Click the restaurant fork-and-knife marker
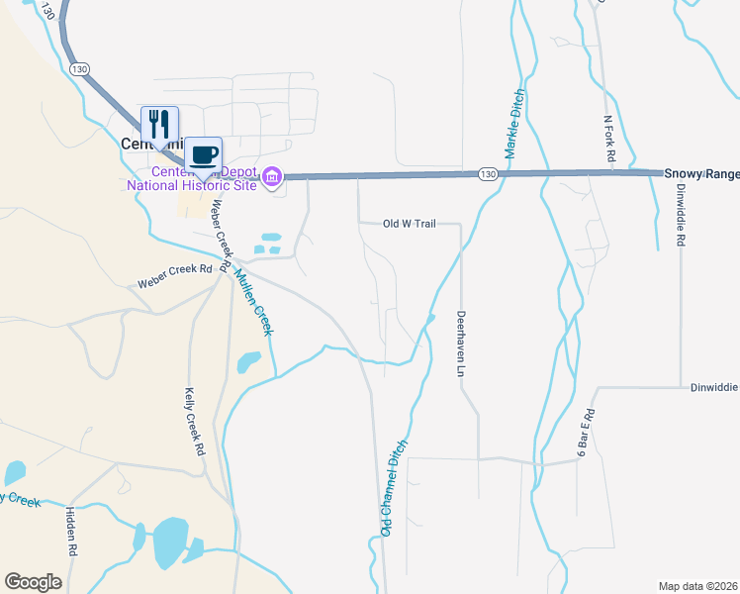(159, 124)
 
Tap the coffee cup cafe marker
(204, 154)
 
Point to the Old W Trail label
(409, 224)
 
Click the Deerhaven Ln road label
(460, 346)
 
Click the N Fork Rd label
(609, 140)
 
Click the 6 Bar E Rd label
(584, 434)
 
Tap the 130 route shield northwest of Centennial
(80, 67)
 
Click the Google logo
(33, 582)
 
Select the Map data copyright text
(698, 586)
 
